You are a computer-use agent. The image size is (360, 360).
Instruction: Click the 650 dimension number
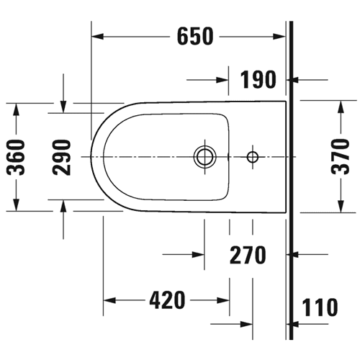(x=195, y=36)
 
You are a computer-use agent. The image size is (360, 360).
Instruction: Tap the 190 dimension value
(x=258, y=79)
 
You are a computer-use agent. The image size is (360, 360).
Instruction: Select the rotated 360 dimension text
(x=16, y=157)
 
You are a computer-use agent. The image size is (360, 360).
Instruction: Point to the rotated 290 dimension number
(x=62, y=157)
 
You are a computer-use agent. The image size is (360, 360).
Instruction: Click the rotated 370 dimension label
(x=341, y=156)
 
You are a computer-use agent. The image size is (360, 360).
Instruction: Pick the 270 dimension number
(x=248, y=255)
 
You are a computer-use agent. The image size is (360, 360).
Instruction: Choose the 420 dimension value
(x=167, y=300)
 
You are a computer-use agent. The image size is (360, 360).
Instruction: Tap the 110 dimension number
(x=320, y=307)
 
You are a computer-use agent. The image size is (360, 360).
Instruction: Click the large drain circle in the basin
(x=204, y=157)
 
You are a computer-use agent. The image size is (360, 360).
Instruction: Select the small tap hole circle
(x=253, y=157)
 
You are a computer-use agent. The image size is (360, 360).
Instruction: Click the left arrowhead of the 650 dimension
(x=97, y=37)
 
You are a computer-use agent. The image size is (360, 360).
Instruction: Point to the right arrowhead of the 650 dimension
(x=279, y=37)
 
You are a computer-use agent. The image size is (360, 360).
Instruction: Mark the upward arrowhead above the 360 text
(x=16, y=109)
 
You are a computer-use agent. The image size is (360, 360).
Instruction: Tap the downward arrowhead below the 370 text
(x=341, y=207)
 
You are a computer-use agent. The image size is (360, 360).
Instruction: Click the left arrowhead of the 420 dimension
(x=109, y=300)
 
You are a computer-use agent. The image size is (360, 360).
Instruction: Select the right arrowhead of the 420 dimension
(x=223, y=300)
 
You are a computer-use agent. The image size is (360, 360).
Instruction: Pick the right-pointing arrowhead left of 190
(x=222, y=80)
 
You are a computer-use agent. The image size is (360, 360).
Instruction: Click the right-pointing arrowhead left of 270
(x=198, y=255)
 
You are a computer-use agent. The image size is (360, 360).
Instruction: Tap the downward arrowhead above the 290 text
(x=63, y=107)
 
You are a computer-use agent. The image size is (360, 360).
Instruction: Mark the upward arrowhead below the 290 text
(x=63, y=206)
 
